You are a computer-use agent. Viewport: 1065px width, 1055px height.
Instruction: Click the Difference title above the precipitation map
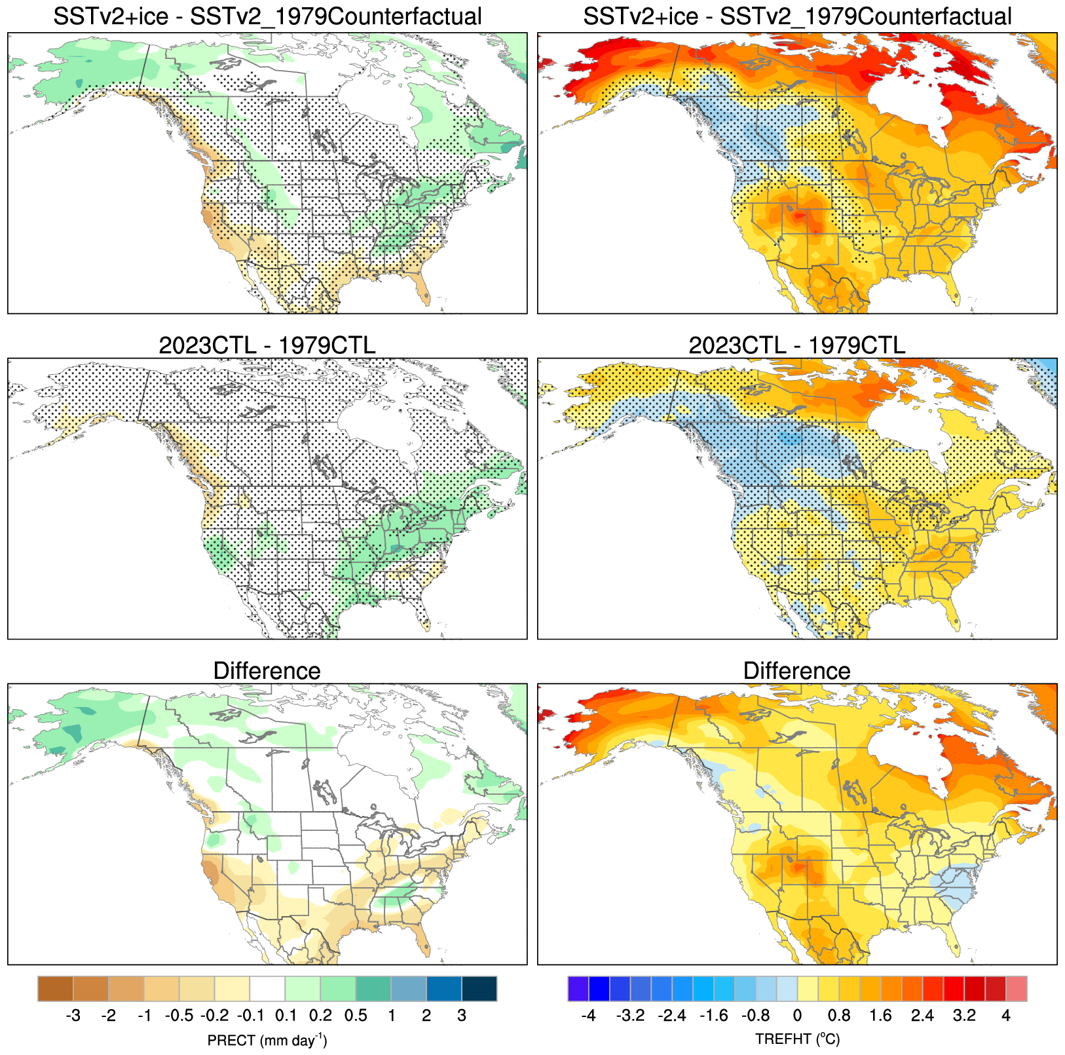(267, 671)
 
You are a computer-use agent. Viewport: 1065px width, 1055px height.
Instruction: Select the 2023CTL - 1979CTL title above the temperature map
(796, 345)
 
